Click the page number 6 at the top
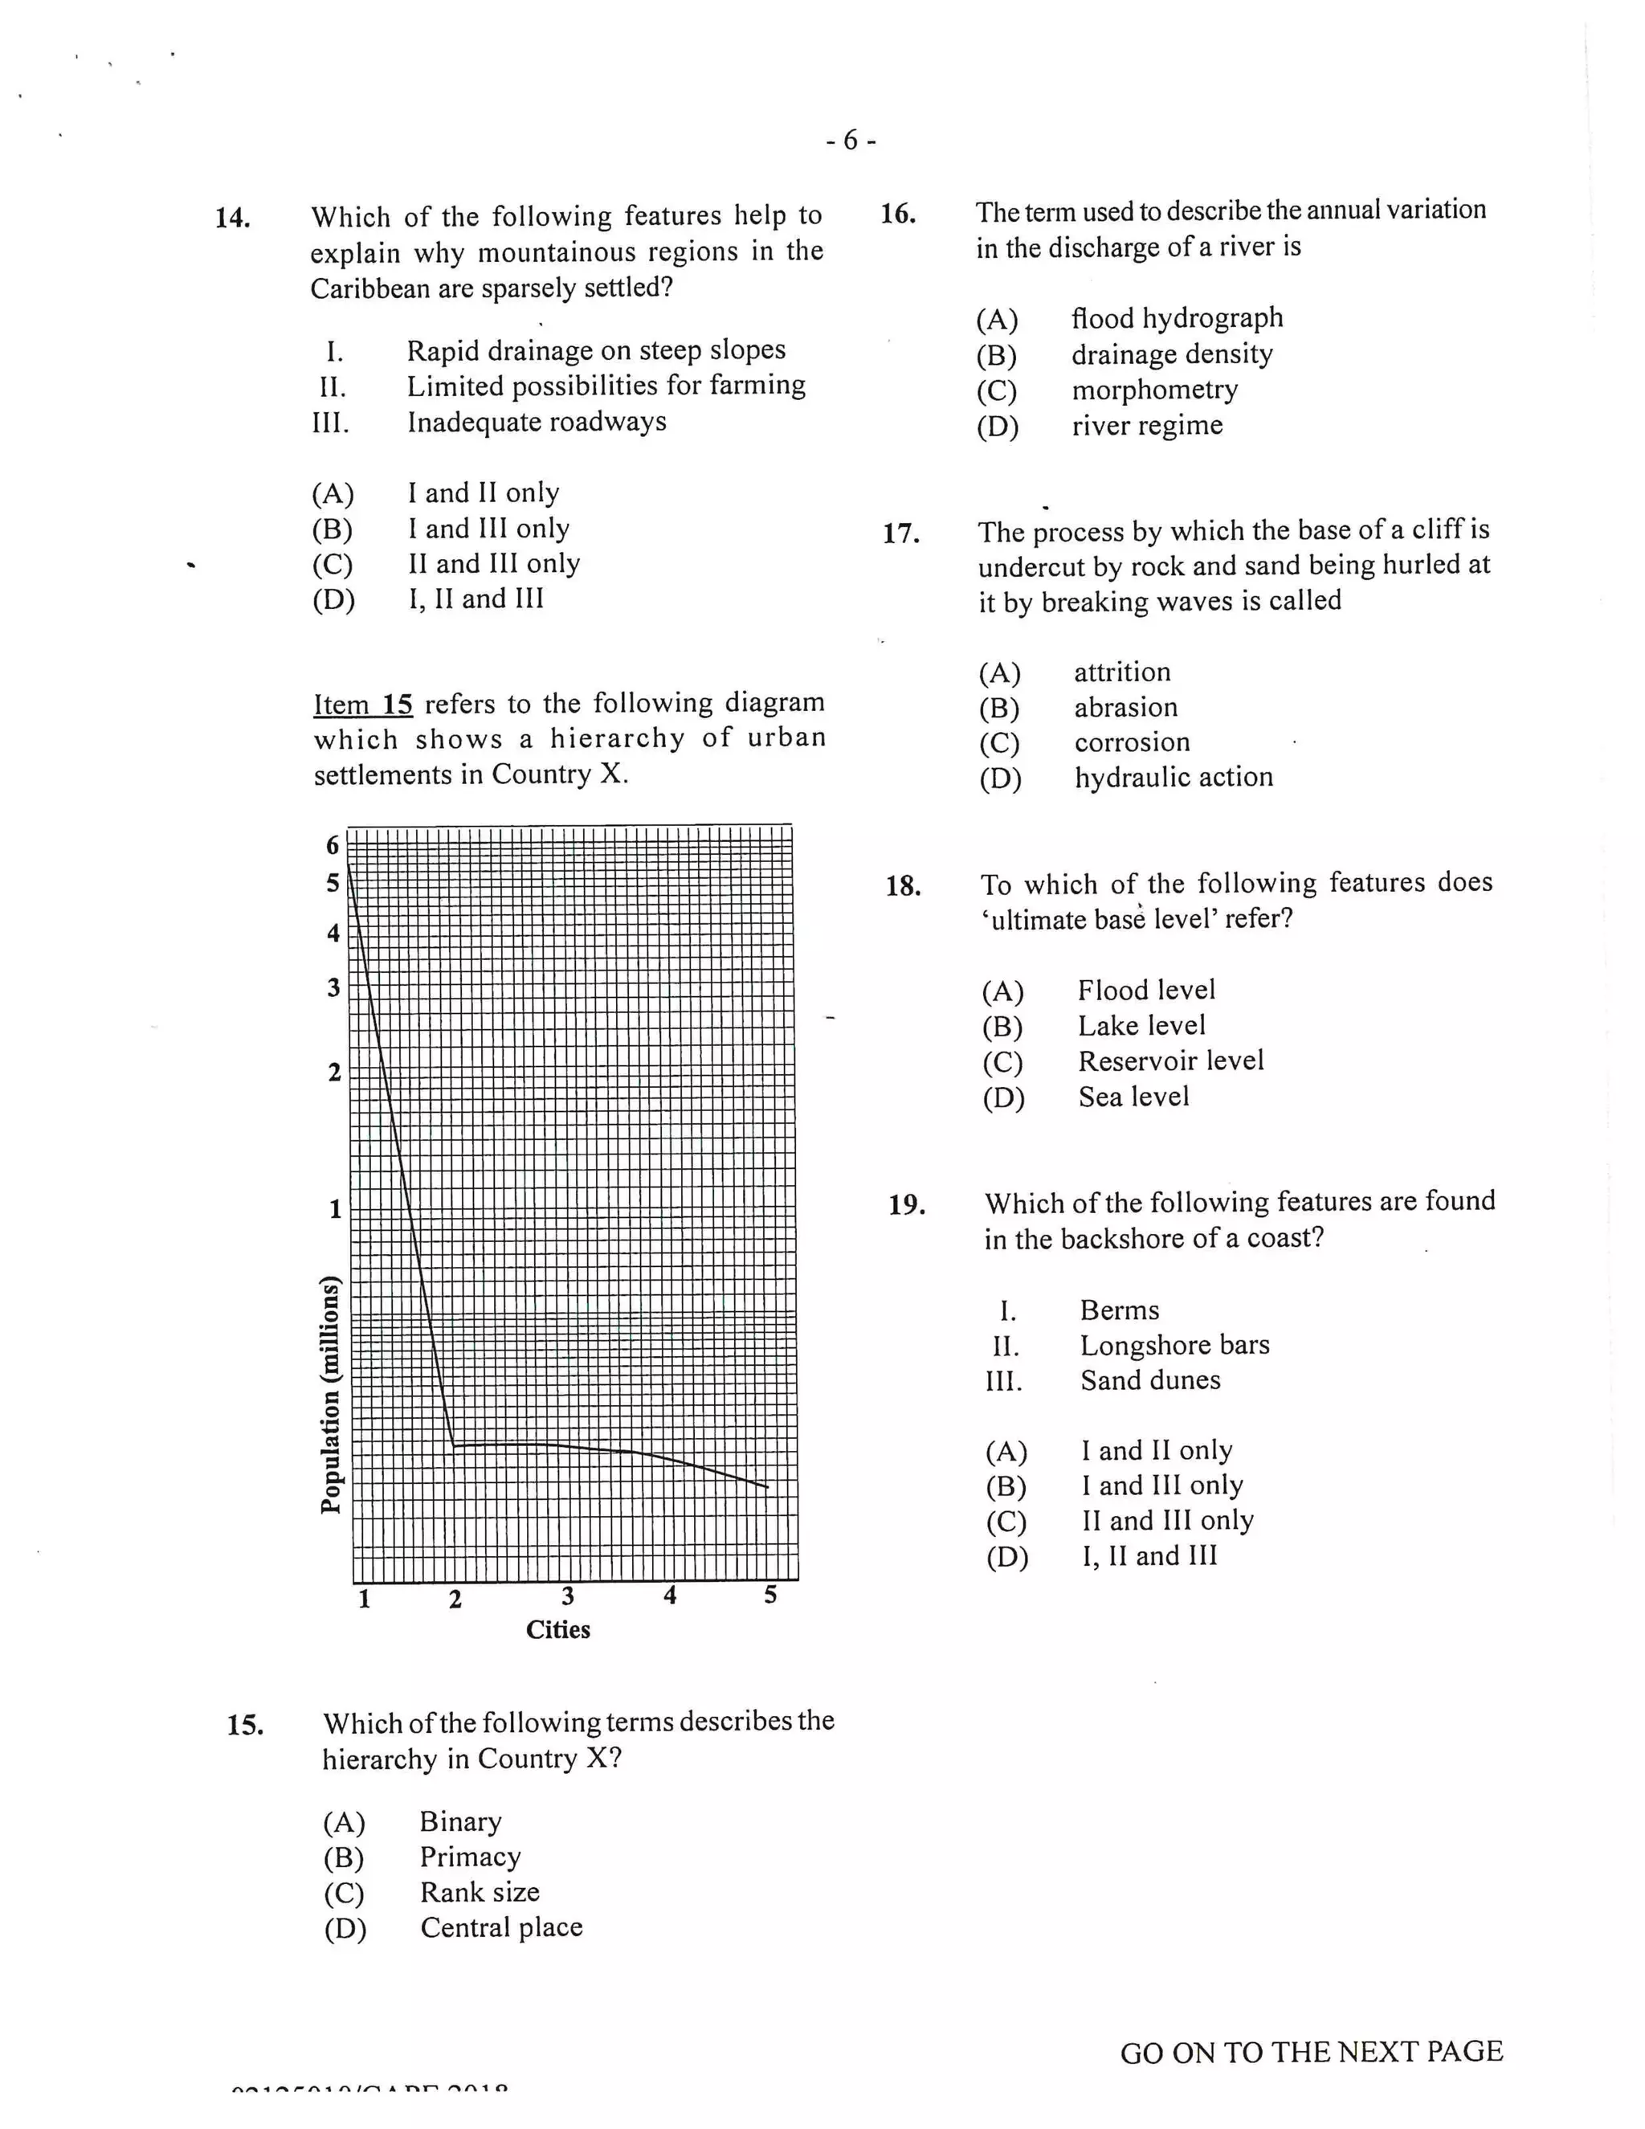coord(851,141)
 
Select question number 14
coord(232,218)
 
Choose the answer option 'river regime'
coord(1147,426)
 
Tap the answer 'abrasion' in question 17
coord(1125,708)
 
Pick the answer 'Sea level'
coord(1133,1097)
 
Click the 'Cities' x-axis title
coord(557,1630)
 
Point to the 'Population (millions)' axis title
coord(332,1394)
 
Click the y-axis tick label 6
coord(333,845)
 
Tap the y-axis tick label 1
coord(335,1210)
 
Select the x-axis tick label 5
coord(769,1596)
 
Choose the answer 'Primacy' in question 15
coord(470,1857)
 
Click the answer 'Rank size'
coord(480,1892)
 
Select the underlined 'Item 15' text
coord(362,705)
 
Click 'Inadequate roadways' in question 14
coord(536,422)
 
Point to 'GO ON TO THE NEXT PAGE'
coord(1311,2052)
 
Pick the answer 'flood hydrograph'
coord(1176,319)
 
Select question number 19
coord(906,1206)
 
